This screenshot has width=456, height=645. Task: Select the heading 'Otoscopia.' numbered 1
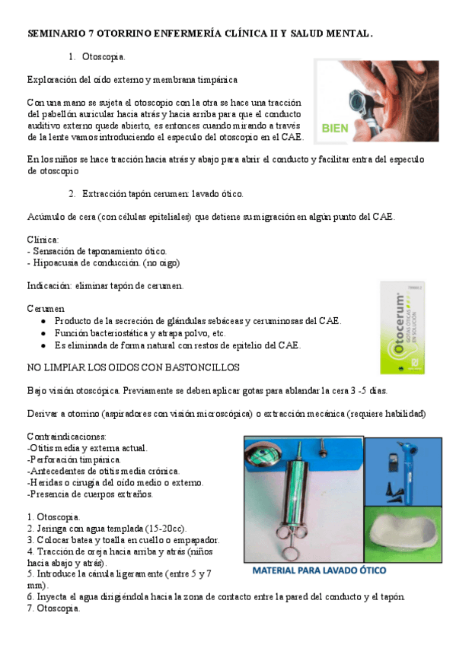(x=104, y=58)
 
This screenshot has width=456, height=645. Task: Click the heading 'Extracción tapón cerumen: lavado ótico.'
(x=163, y=194)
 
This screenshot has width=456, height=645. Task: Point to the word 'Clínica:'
(x=43, y=239)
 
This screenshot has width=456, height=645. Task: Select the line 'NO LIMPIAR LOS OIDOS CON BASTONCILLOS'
(x=133, y=367)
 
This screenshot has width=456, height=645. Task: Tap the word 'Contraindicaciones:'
(x=66, y=437)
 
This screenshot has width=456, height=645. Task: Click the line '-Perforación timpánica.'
(x=73, y=460)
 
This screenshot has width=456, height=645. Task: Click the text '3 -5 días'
(x=365, y=390)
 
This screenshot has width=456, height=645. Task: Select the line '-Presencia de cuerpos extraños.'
(x=89, y=494)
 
